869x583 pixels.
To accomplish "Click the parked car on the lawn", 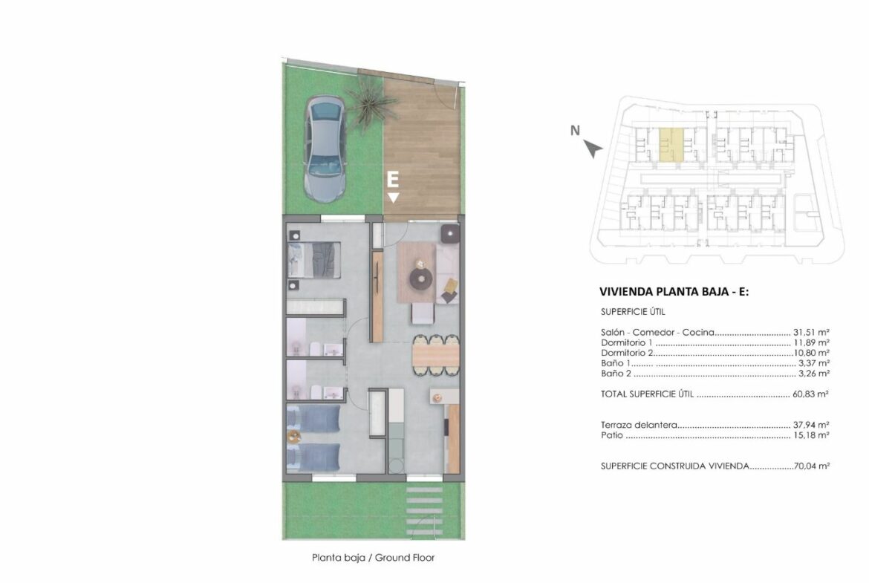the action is pos(325,149).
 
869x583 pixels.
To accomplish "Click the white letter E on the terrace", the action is pos(392,180).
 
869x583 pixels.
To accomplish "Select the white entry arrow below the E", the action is pos(393,198).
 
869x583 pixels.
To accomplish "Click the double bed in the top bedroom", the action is pos(313,260).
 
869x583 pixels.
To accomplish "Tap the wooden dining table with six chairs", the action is pos(435,355).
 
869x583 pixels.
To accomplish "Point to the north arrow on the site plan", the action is pos(593,149).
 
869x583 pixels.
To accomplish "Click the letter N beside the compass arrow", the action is pos(576,130).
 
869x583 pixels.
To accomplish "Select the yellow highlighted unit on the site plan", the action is pos(671,144).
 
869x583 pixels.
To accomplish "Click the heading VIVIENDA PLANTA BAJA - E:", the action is pos(674,291).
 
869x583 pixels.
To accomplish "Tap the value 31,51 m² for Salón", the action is pos(811,333).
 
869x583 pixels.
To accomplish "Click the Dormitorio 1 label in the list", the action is pos(627,342).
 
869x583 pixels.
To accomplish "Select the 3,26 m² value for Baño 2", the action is pos(813,374).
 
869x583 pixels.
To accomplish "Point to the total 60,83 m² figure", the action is pos(811,394).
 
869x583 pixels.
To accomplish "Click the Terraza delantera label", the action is pos(639,425).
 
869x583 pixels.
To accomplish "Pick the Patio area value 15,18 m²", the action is pos(811,435).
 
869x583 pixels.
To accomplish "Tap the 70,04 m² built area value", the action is pos(812,466).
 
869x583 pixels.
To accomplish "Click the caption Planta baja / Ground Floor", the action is pos(374,558).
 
